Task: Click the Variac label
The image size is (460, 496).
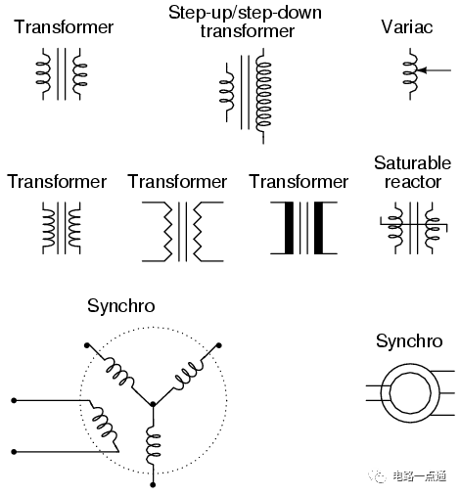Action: [x=407, y=26]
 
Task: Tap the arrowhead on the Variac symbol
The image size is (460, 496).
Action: [x=422, y=70]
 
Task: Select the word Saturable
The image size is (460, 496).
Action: [x=412, y=162]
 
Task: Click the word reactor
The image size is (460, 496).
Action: [x=413, y=182]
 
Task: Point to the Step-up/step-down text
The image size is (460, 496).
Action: [x=245, y=14]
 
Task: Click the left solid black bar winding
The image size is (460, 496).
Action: [x=289, y=228]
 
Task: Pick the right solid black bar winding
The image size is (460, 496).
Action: [x=319, y=228]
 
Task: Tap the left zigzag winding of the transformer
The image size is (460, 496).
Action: [x=167, y=232]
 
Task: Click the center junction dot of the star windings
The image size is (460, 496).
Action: [x=153, y=404]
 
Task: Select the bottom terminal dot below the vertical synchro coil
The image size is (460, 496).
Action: [x=153, y=485]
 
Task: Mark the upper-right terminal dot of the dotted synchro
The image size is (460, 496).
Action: [x=219, y=345]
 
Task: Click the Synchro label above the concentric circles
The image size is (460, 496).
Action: [x=409, y=341]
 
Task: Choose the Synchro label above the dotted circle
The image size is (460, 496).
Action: [x=121, y=306]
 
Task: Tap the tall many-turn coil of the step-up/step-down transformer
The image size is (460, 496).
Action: [x=263, y=96]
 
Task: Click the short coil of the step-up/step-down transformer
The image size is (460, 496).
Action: [x=227, y=93]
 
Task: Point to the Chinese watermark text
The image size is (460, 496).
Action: [x=419, y=476]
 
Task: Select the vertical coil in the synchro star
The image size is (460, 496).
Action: [x=153, y=445]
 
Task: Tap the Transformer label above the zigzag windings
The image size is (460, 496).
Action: [x=177, y=182]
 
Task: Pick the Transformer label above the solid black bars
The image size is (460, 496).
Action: [x=299, y=182]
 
